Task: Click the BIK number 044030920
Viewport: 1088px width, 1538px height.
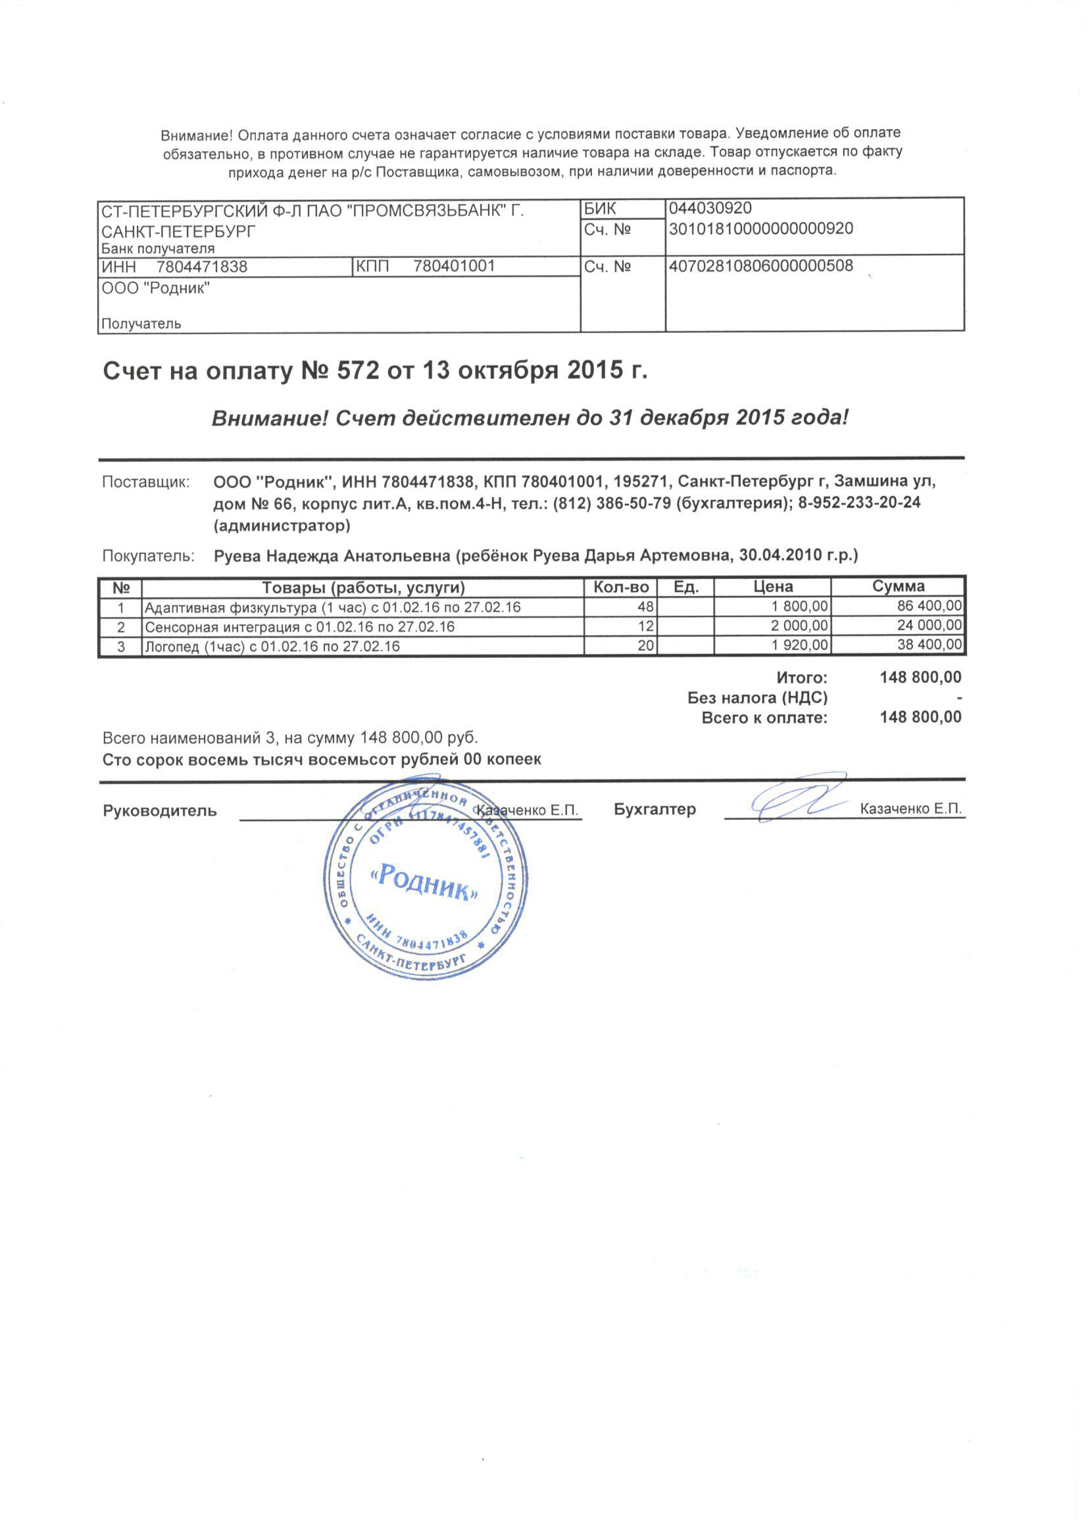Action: tap(710, 209)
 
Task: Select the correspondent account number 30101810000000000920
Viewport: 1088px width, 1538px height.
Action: tap(761, 229)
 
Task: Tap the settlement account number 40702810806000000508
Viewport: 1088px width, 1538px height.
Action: tap(761, 266)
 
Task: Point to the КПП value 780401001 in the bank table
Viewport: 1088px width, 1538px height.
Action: tap(455, 266)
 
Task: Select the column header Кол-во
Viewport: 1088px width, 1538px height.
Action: tap(621, 587)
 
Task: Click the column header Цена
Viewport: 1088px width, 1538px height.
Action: tap(773, 587)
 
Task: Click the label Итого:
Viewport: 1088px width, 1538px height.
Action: tap(802, 678)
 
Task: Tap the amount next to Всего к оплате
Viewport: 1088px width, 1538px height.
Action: tap(920, 718)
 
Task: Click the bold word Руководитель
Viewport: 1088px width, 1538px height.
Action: tap(159, 810)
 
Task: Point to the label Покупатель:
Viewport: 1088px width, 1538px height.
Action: tap(148, 556)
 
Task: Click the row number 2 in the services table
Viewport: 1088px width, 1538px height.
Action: tap(121, 627)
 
